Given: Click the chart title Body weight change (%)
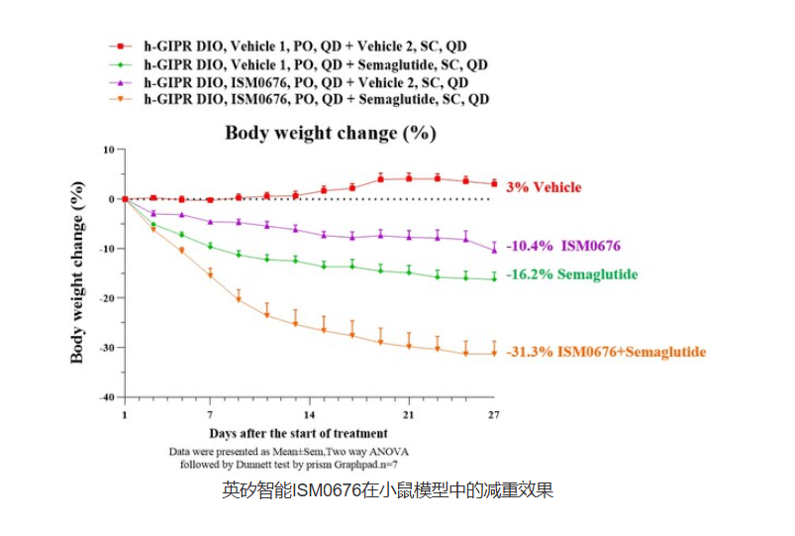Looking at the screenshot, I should (330, 133).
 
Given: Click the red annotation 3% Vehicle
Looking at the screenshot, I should (544, 187).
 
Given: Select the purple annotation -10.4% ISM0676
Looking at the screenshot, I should (563, 246).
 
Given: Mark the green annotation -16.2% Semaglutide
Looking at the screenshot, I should (571, 274).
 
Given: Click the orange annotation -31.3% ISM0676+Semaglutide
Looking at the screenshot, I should (606, 352).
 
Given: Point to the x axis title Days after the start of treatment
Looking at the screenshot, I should (298, 433).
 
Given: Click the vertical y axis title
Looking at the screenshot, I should (77, 272).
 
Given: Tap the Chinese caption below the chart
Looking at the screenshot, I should (387, 489).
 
